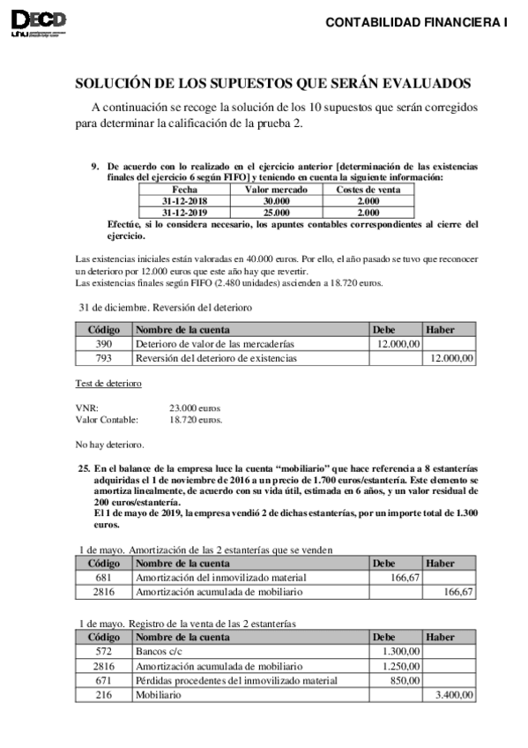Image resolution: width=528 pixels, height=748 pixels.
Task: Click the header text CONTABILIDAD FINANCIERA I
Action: point(417,23)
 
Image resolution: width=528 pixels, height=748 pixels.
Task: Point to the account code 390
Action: point(104,343)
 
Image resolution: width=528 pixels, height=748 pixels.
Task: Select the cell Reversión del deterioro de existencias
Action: point(216,358)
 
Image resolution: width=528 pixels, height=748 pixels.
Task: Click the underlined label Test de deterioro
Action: point(109,384)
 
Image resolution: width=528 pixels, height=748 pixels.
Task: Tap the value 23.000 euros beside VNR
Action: point(194,408)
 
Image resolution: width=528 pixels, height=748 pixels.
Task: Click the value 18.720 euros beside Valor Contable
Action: point(195,421)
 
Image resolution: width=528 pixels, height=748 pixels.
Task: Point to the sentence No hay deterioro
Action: point(110,444)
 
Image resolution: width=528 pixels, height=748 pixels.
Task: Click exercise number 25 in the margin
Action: point(85,465)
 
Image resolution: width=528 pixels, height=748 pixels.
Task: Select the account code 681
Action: point(104,577)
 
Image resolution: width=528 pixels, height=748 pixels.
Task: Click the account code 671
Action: point(104,680)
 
